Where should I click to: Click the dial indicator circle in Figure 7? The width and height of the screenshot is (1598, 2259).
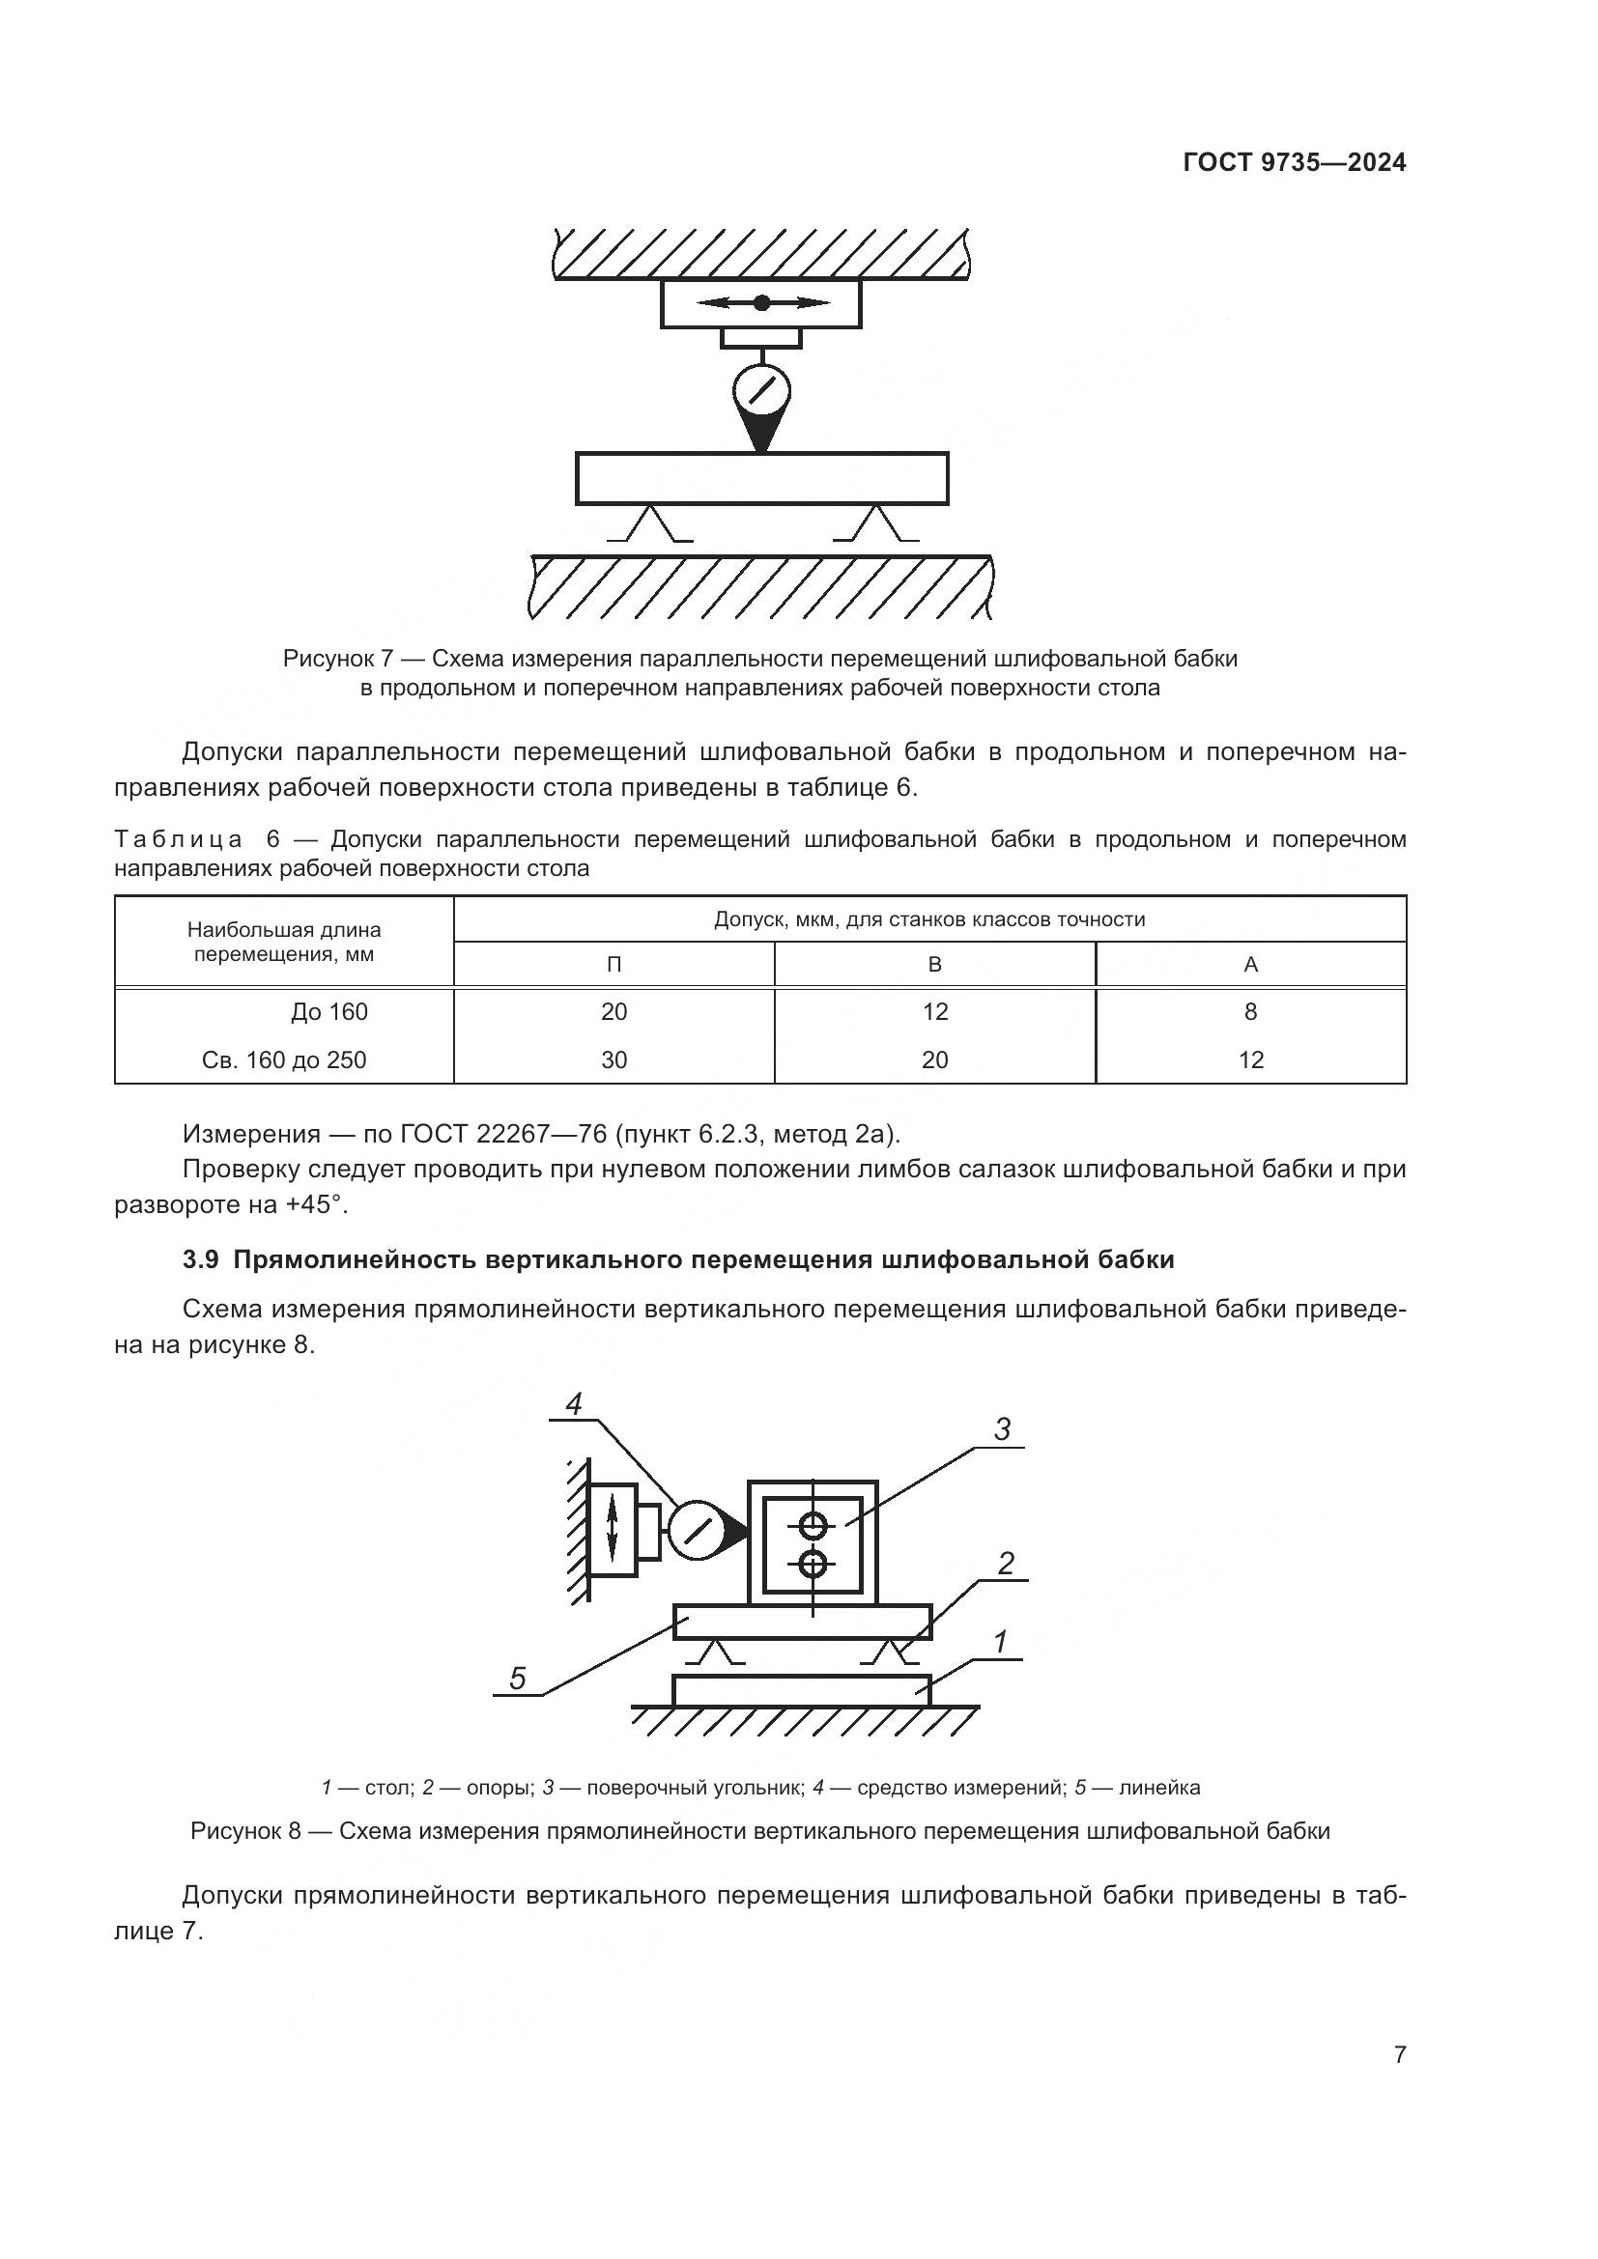click(760, 391)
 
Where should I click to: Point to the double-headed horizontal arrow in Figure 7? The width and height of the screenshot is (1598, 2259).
click(761, 303)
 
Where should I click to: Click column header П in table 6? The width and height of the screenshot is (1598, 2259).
click(614, 964)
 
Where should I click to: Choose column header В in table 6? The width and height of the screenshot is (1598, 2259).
click(935, 964)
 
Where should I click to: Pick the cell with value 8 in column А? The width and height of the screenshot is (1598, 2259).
click(1250, 1011)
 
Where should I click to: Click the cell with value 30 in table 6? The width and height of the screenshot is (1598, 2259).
click(614, 1059)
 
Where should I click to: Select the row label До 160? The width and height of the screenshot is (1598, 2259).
click(328, 1011)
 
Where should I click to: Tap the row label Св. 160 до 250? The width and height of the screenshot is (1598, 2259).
click(283, 1059)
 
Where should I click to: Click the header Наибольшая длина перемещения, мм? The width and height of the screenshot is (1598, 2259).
click(283, 942)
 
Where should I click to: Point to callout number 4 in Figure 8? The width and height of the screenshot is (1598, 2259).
click(574, 1404)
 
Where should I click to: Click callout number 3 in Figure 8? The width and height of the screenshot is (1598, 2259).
click(1002, 1429)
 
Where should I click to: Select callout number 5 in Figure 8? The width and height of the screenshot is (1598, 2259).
click(518, 1679)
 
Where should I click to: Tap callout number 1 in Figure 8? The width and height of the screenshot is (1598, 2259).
click(1000, 1642)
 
